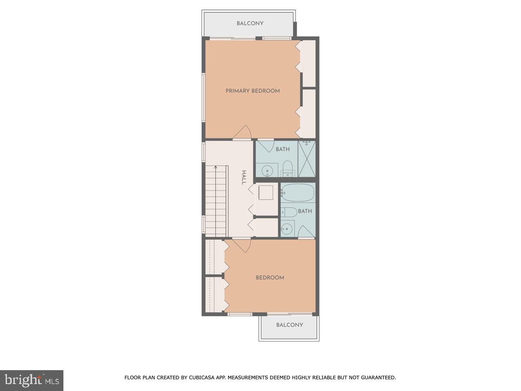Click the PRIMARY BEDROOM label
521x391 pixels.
point(252,91)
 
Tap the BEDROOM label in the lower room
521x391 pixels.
point(270,278)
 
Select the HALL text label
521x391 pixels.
point(244,177)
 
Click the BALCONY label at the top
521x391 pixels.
point(250,23)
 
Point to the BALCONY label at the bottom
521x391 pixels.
point(290,325)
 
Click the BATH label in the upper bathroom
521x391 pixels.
point(283,149)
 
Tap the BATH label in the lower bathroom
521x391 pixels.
point(305,211)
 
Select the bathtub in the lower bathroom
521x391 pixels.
point(298,192)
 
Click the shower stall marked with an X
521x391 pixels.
point(307,159)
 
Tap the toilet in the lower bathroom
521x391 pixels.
point(289,212)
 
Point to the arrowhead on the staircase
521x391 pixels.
point(215,167)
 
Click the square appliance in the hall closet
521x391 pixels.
point(266,192)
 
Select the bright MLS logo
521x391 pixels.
point(32,381)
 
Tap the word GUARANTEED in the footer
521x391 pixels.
point(377,378)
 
